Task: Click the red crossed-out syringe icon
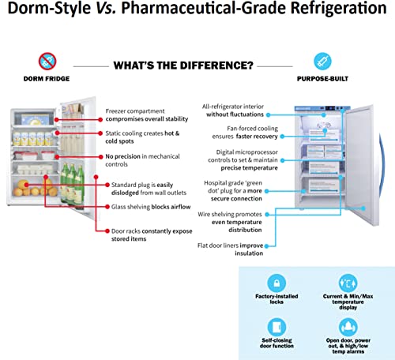pyautogui.click(x=47, y=62)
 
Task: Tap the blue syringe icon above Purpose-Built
pyautogui.click(x=322, y=62)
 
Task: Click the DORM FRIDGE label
pyautogui.click(x=47, y=79)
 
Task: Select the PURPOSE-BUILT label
pyautogui.click(x=322, y=79)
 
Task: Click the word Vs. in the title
pyautogui.click(x=106, y=8)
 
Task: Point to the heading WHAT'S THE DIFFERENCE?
pyautogui.click(x=183, y=66)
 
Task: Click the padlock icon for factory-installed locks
pyautogui.click(x=276, y=283)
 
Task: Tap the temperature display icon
pyautogui.click(x=348, y=283)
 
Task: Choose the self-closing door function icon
pyautogui.click(x=276, y=327)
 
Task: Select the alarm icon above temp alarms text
pyautogui.click(x=348, y=327)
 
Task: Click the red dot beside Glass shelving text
pyautogui.click(x=107, y=207)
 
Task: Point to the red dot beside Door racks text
pyautogui.click(x=107, y=231)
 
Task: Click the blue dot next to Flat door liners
pyautogui.click(x=266, y=246)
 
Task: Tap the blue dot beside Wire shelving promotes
pyautogui.click(x=267, y=215)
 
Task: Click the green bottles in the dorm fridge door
pyautogui.click(x=72, y=184)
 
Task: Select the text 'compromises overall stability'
pyautogui.click(x=147, y=119)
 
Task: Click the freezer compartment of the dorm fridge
pyautogui.click(x=34, y=118)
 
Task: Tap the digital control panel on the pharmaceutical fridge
pyautogui.click(x=331, y=108)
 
